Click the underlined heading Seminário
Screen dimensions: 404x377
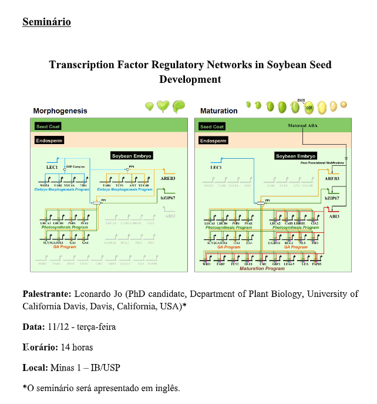(x=46, y=22)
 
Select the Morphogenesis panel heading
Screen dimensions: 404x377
(x=60, y=111)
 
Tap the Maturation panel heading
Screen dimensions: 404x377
(x=218, y=111)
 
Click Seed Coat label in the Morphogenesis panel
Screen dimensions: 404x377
(x=48, y=126)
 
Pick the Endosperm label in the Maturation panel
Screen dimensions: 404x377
(x=213, y=141)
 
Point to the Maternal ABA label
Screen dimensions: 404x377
(x=303, y=125)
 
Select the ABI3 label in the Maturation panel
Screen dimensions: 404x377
(x=334, y=216)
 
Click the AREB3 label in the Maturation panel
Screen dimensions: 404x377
(x=332, y=178)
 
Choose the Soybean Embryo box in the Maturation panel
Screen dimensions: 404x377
(x=296, y=156)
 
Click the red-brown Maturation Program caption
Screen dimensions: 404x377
(x=262, y=268)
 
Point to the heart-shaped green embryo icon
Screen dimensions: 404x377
(x=163, y=107)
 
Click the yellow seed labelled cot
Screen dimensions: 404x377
(x=309, y=108)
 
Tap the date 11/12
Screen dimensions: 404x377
(x=59, y=326)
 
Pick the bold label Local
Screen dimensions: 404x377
(x=34, y=368)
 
